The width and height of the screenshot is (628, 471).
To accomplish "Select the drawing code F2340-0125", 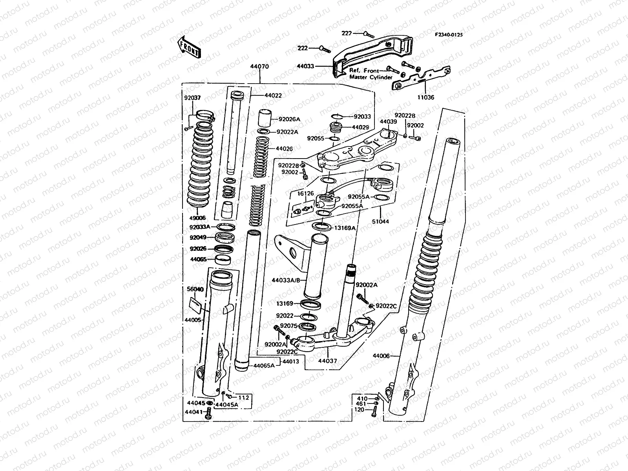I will point(449,35).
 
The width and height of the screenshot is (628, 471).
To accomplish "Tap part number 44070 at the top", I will point(259,66).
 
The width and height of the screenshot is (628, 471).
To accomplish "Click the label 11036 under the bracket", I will point(426,97).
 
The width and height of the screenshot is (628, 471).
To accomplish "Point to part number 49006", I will point(198,218).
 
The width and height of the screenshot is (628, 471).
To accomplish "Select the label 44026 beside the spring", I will point(284,149).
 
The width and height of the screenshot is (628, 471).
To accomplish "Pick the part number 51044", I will point(380,221).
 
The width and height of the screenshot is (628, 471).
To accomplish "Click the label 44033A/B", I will point(285,280).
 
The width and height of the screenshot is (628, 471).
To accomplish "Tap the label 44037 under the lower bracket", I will point(327,360).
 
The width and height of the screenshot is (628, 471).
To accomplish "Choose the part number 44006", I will point(381,356).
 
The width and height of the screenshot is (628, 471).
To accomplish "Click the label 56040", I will point(195,289).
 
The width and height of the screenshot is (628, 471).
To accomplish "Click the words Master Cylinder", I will point(371,77).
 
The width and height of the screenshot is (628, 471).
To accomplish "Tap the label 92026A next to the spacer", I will point(289,119).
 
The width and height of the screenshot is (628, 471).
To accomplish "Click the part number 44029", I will point(360,127).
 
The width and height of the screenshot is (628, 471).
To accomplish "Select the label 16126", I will point(306,193).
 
